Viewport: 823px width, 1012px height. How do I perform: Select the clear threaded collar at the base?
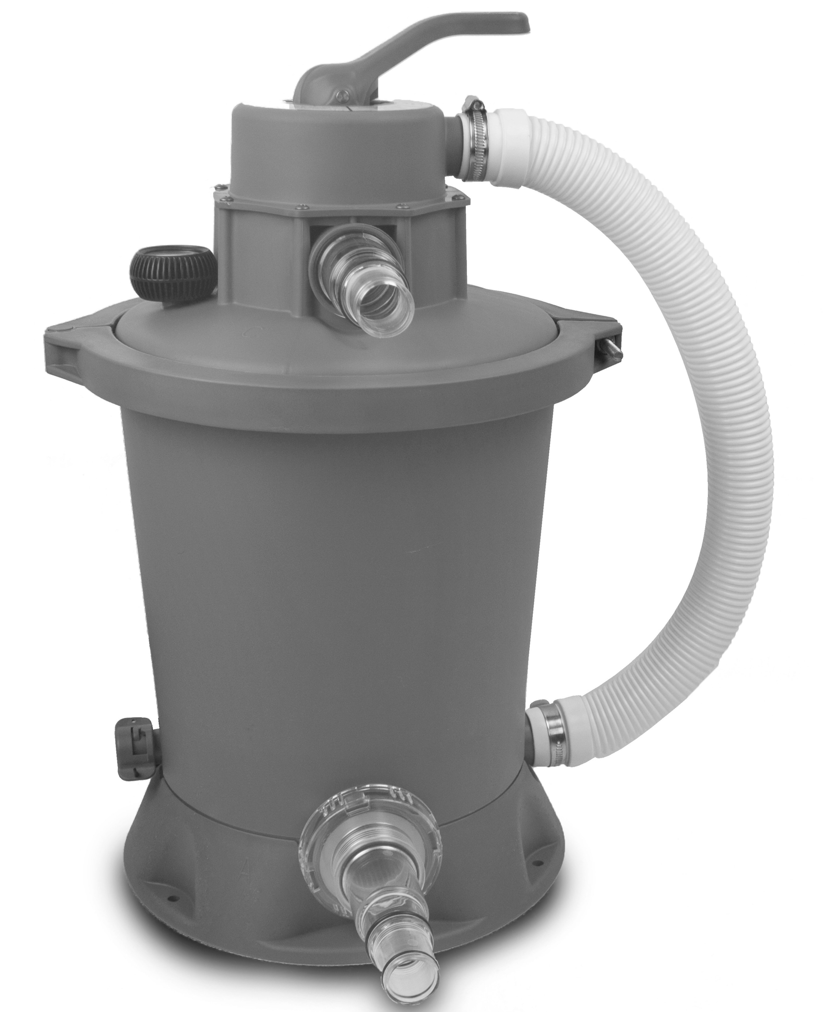pos(369,823)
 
